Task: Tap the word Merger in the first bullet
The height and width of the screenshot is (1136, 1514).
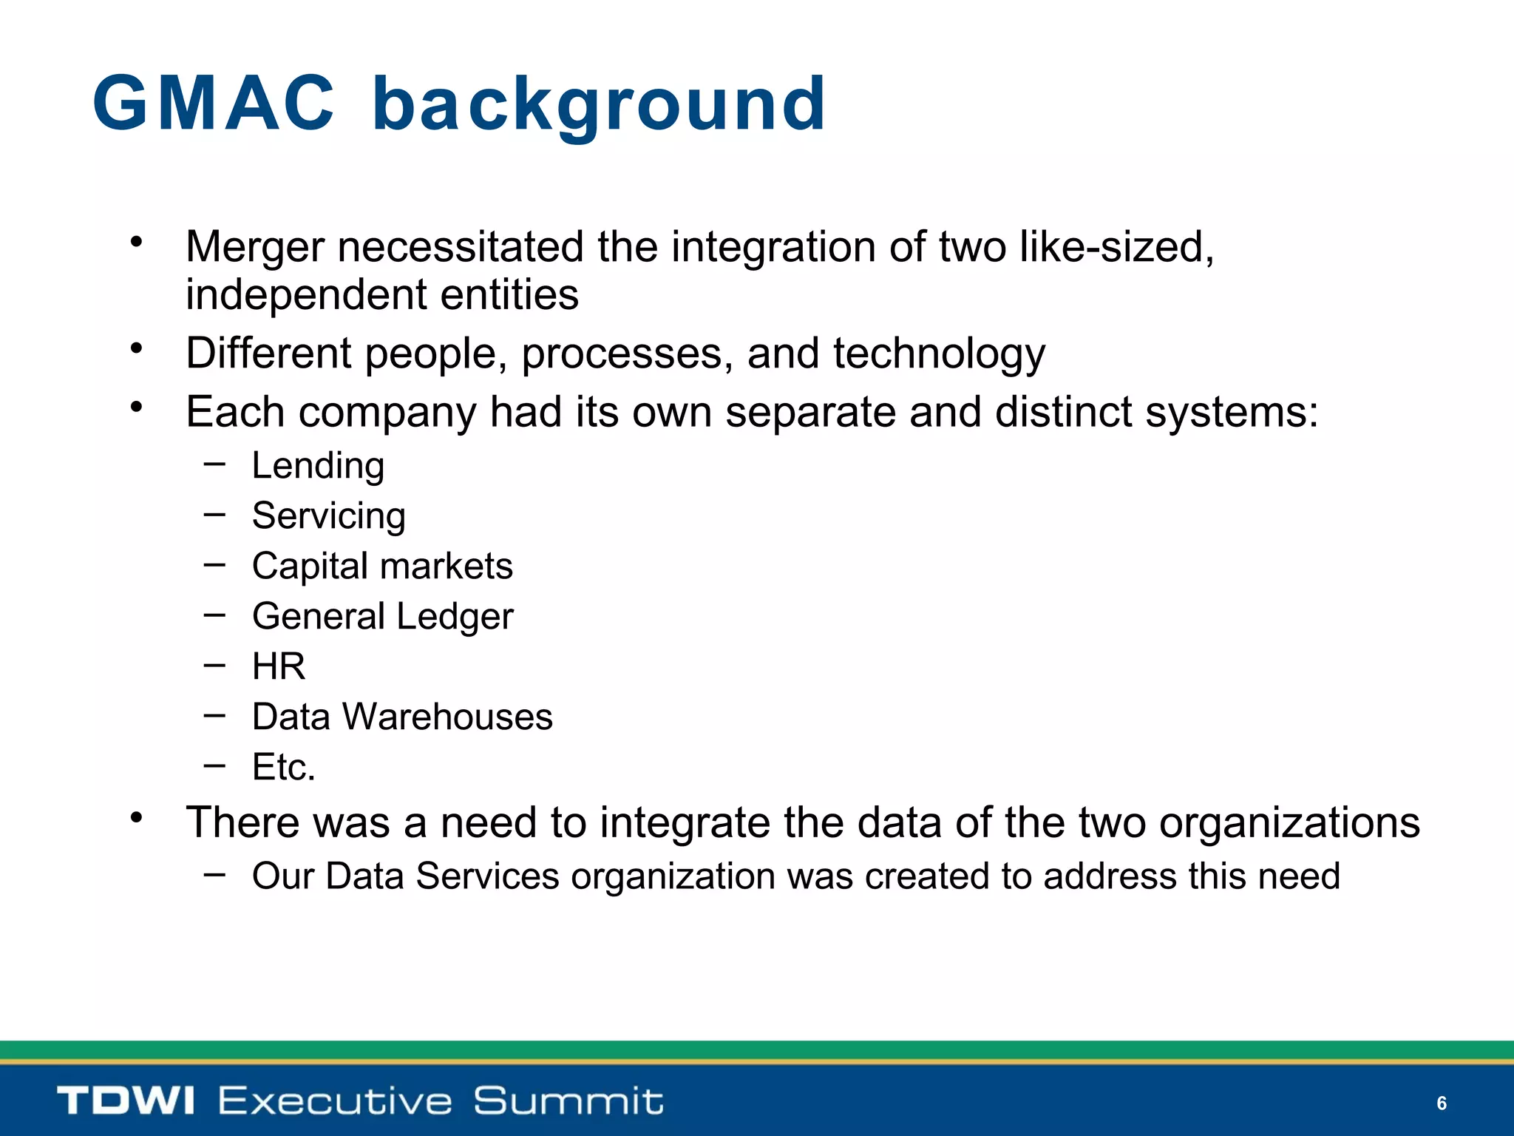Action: coord(255,248)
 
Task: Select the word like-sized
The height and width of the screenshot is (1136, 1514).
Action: coord(1116,248)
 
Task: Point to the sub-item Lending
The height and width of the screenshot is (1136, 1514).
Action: coord(318,467)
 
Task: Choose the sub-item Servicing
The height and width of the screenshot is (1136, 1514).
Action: coord(329,517)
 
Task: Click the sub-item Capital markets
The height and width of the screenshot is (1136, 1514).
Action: coord(382,567)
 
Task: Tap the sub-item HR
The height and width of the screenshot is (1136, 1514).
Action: coord(279,667)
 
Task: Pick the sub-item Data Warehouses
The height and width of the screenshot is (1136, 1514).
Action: coord(402,717)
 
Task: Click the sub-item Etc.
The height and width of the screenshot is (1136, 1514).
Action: coord(284,768)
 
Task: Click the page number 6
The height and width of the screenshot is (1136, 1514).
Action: coord(1441,1103)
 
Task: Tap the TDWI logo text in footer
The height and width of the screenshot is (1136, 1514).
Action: coord(126,1100)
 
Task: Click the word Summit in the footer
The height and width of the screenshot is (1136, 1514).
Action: coord(568,1100)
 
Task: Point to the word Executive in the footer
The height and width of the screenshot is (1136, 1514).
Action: coord(335,1100)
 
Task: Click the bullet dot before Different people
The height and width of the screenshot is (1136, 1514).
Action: coord(136,348)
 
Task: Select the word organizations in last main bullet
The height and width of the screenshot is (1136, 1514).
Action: coord(1289,823)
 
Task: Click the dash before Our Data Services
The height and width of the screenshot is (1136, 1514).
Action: coord(214,874)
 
